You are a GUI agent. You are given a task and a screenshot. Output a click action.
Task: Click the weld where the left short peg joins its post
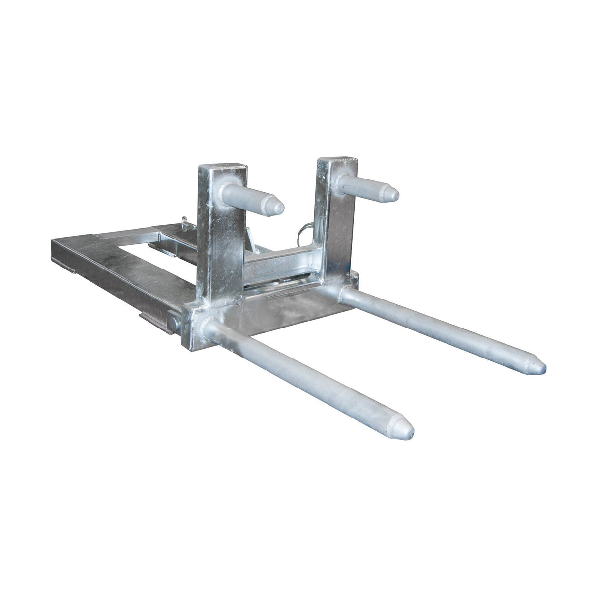pos(228,190)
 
